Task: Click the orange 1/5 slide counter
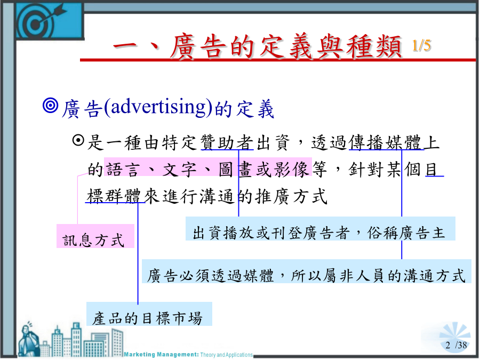421,46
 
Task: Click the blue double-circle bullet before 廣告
51,105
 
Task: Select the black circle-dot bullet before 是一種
78,140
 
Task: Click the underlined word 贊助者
227,142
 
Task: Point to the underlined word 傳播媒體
386,142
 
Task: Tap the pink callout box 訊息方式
95,236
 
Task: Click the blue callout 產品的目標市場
149,314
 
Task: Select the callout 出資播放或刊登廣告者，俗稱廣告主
320,229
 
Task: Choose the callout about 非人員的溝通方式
307,271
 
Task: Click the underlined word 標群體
115,196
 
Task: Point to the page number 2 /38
456,345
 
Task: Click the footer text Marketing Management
161,355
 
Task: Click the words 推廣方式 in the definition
292,196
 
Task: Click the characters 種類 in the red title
374,46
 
